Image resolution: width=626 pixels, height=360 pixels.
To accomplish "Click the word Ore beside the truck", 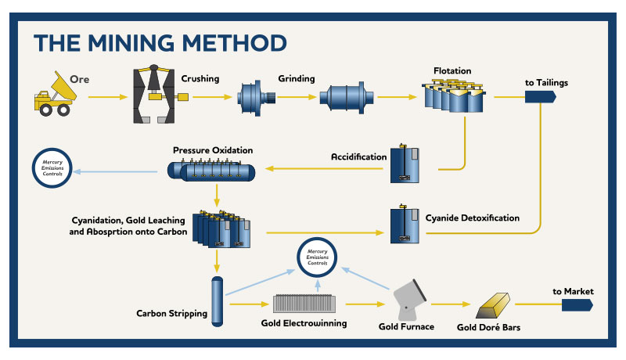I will (81, 79).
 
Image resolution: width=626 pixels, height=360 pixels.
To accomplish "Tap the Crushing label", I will (200, 79).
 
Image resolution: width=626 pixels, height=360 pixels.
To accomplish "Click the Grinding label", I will (297, 79).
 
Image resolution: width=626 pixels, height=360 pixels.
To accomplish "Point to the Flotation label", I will (452, 71).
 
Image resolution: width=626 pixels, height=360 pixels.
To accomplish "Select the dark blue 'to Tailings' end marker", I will (540, 97).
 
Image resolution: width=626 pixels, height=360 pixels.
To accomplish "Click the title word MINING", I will (153, 41).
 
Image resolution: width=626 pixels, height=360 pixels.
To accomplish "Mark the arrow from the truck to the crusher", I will (106, 97).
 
